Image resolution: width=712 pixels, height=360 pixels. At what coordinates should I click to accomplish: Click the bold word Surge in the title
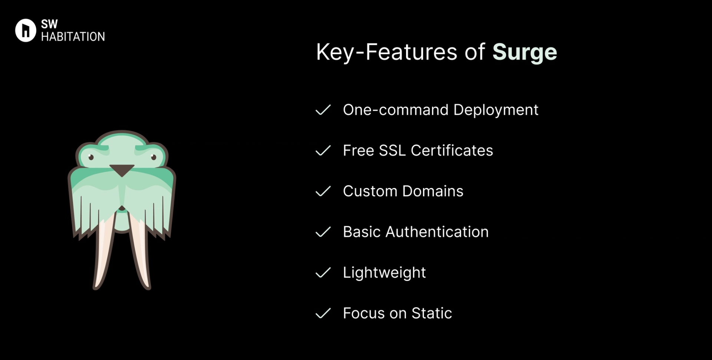[x=524, y=52]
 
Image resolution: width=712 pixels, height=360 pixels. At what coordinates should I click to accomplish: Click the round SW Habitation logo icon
[x=26, y=30]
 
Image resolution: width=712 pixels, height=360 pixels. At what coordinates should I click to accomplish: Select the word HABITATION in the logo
[x=73, y=37]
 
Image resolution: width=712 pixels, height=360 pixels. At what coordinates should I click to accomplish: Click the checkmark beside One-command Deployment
[x=323, y=110]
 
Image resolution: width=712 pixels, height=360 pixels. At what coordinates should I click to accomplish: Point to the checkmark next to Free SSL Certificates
[x=323, y=151]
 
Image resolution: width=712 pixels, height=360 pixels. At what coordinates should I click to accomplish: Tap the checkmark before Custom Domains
[x=323, y=191]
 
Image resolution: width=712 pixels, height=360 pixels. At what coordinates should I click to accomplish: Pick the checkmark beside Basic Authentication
[x=323, y=232]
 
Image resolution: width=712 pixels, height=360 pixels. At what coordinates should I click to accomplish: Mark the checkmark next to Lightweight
[x=323, y=273]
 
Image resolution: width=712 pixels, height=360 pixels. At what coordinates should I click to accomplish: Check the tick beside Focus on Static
[x=323, y=314]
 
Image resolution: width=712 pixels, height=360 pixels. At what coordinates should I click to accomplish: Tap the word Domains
[x=433, y=191]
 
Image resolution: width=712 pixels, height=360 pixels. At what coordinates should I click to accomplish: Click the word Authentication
[x=437, y=232]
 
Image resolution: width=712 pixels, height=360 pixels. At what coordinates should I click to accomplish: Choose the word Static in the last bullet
[x=432, y=314]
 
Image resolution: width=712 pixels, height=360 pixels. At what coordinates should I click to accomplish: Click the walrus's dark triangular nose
[x=122, y=170]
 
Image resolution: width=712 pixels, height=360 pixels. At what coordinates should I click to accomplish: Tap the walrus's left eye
[x=91, y=157]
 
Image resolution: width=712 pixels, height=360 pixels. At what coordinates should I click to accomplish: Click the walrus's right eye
[x=154, y=157]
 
